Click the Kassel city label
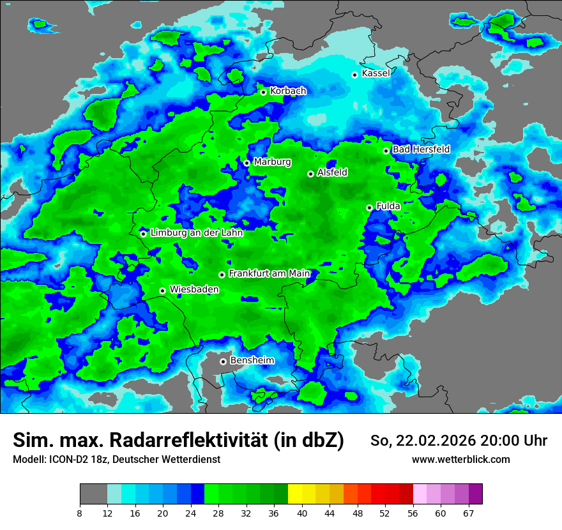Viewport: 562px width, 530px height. (x=376, y=73)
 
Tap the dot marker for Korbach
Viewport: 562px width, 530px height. (x=263, y=92)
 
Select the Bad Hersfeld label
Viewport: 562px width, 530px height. (x=421, y=149)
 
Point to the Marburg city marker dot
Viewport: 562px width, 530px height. (x=247, y=163)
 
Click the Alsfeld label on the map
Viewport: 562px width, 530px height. (x=332, y=172)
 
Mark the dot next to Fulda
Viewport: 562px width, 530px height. (x=369, y=208)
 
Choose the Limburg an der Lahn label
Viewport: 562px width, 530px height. (x=196, y=233)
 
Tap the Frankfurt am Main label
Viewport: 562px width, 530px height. (x=269, y=273)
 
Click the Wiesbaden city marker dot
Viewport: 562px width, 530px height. (x=163, y=291)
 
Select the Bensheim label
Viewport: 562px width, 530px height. (x=252, y=360)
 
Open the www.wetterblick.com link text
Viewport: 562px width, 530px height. (x=460, y=460)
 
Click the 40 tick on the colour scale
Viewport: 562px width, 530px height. (x=302, y=513)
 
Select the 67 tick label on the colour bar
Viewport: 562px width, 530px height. (x=468, y=513)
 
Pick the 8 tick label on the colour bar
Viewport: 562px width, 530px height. (x=80, y=513)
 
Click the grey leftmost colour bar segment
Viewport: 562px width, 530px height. (x=93, y=494)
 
